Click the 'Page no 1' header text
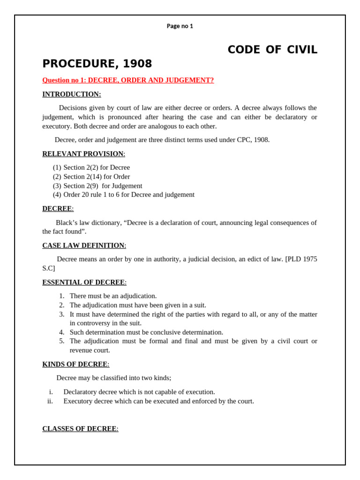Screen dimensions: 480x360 click(x=180, y=26)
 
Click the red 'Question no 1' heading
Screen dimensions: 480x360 click(x=128, y=80)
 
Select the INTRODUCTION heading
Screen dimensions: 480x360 click(x=71, y=94)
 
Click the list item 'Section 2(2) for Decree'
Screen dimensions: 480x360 click(x=97, y=167)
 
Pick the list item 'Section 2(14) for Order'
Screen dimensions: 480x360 click(x=97, y=177)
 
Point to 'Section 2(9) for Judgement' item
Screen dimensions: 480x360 click(x=103, y=186)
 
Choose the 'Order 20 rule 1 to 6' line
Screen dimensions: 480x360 click(x=128, y=195)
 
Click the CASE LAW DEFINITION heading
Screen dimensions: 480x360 click(x=84, y=245)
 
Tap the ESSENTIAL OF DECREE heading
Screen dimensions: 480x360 click(x=84, y=282)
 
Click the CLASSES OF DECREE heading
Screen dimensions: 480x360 click(x=80, y=428)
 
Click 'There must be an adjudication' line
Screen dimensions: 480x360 click(x=113, y=296)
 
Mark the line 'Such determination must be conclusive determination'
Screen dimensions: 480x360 click(x=146, y=332)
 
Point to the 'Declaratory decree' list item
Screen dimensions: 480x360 click(x=139, y=392)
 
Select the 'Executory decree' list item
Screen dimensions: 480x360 click(x=158, y=401)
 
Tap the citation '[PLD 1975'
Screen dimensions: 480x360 click(x=301, y=259)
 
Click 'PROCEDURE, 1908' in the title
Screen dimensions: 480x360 click(x=97, y=64)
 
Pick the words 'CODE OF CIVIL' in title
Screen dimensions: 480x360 click(x=272, y=50)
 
